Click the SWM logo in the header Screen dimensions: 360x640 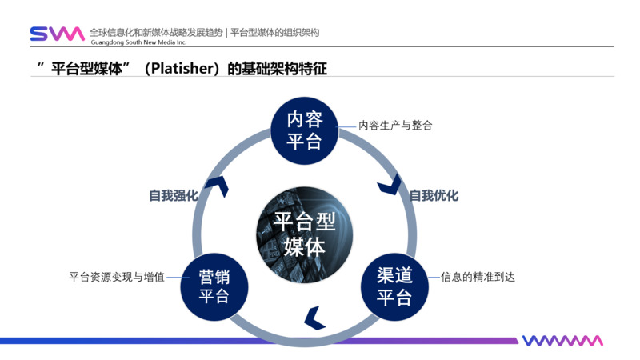click(x=57, y=34)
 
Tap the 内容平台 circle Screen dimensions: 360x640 click(x=304, y=130)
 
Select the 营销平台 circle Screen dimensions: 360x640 click(x=214, y=286)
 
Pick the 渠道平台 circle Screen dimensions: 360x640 click(x=394, y=286)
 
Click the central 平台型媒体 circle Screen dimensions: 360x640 click(x=304, y=234)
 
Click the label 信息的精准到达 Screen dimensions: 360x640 click(x=478, y=278)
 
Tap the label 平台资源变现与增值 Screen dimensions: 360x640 click(x=117, y=278)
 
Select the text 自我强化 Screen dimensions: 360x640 click(x=173, y=195)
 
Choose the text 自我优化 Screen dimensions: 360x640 click(x=434, y=195)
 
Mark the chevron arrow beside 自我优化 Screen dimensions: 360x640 click(x=390, y=186)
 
